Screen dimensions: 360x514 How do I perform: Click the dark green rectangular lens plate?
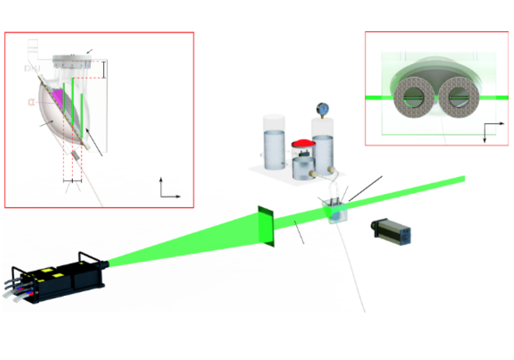click(x=266, y=225)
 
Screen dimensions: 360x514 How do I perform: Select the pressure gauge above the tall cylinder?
click(x=322, y=109)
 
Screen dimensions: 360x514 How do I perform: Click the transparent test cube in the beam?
click(x=334, y=211)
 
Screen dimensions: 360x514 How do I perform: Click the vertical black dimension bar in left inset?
click(x=104, y=69)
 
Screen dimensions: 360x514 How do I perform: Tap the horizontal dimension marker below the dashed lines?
click(x=72, y=181)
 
